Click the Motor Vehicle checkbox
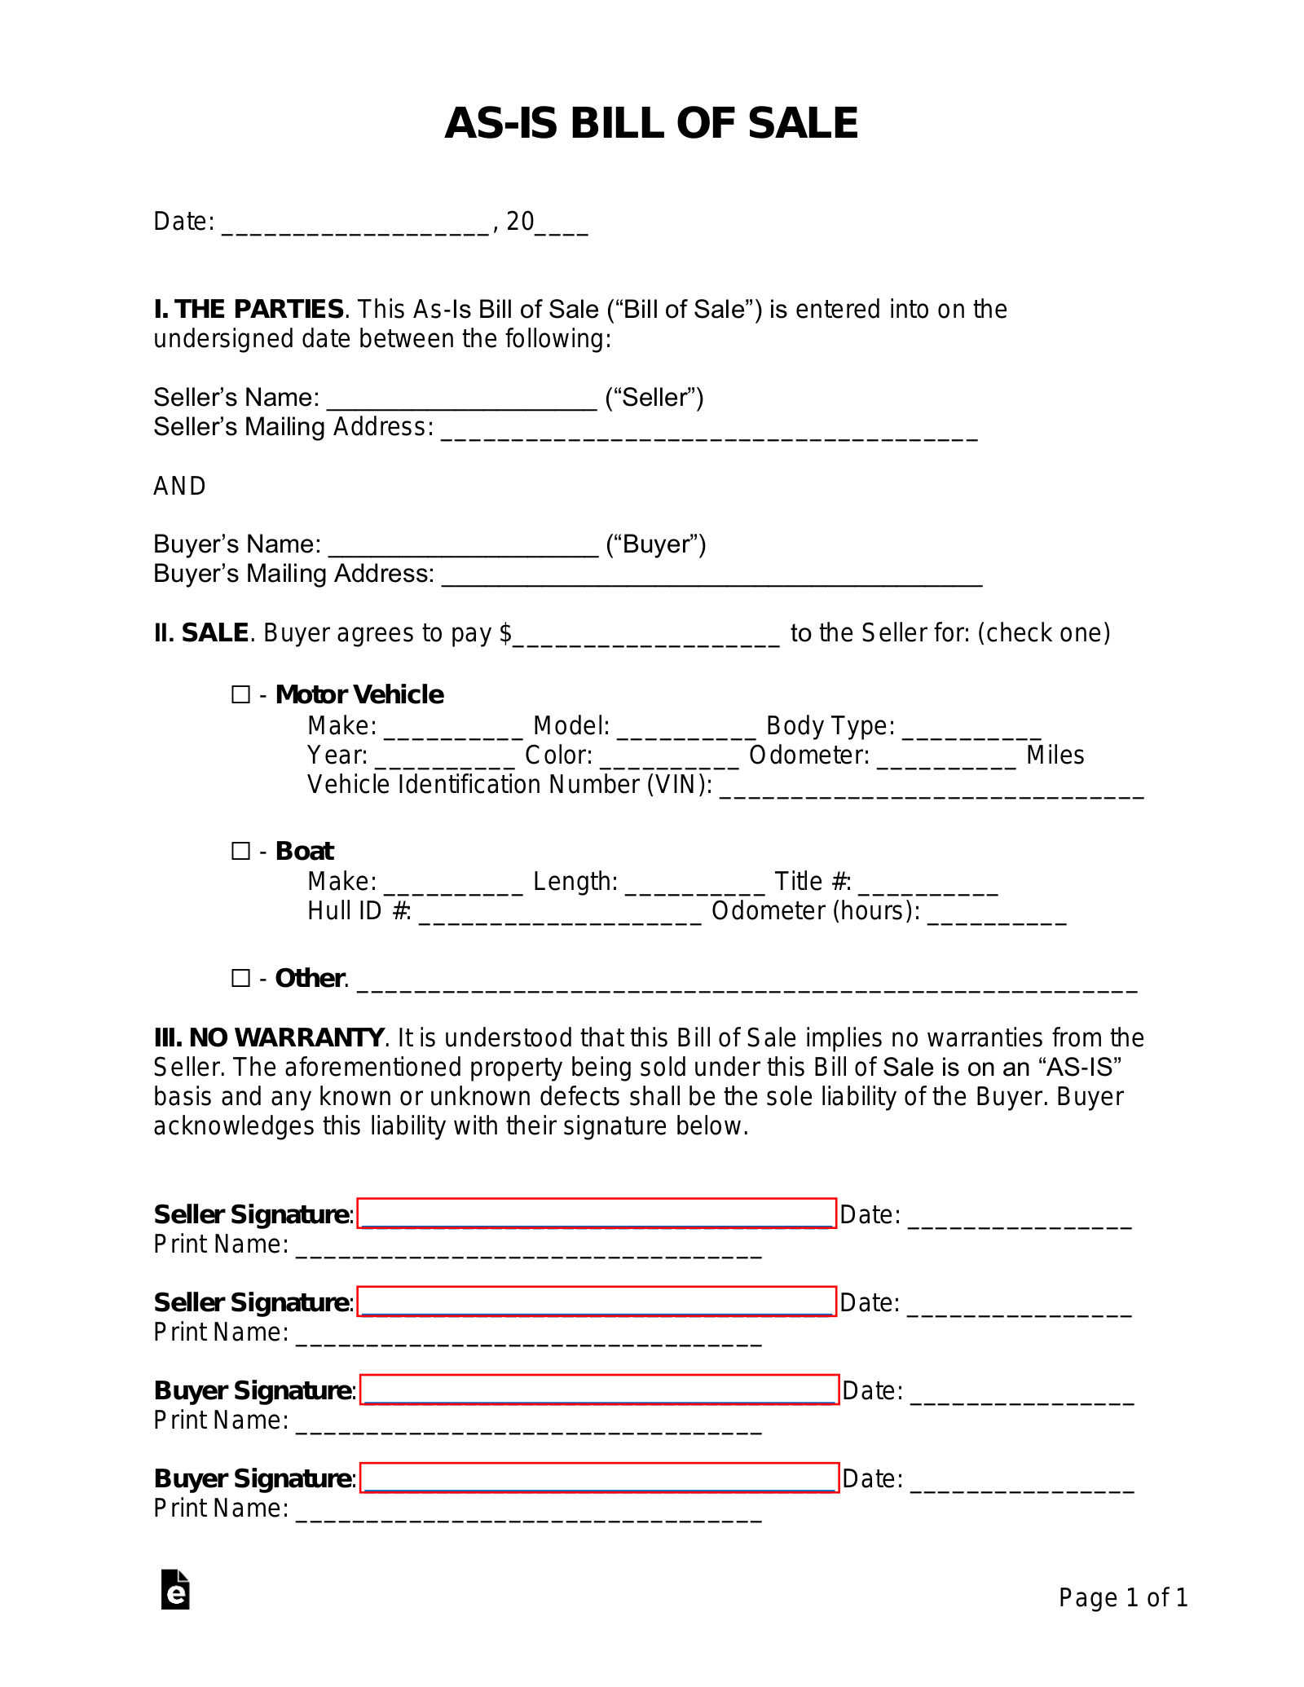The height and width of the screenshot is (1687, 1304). coord(240,694)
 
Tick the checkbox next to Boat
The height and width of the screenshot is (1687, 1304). coord(240,851)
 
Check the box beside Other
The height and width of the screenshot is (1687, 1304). coord(240,978)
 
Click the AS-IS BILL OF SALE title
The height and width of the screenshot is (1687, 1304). coord(651,124)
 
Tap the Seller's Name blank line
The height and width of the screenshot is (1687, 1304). coord(461,399)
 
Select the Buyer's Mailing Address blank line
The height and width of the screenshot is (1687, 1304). coord(711,575)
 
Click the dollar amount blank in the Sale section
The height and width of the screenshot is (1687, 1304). coord(646,635)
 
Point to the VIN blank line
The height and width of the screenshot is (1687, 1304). coord(932,786)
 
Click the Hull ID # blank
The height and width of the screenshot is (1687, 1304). coord(559,913)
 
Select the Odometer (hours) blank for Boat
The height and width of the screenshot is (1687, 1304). coord(997,913)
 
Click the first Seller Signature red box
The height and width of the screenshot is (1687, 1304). coord(597,1213)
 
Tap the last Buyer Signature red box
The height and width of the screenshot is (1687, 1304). coord(599,1478)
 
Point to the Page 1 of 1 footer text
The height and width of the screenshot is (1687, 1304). coord(1123,1597)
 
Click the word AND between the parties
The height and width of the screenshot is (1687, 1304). coord(179,487)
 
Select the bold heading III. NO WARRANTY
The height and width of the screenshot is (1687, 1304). coord(269,1037)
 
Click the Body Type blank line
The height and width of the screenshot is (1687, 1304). coord(971,728)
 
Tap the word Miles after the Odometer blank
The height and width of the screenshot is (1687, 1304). coord(1055,755)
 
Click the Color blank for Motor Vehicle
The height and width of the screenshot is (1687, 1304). coord(669,757)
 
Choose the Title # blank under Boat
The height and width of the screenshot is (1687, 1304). coord(927,883)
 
